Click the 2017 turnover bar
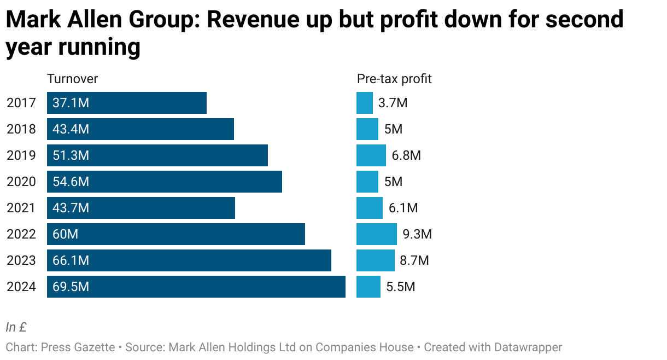click(x=127, y=103)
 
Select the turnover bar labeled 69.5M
click(x=196, y=287)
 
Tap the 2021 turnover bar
click(x=141, y=208)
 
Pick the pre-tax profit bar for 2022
click(x=377, y=234)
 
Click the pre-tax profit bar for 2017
click(x=365, y=103)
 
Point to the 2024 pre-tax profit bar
click(x=368, y=287)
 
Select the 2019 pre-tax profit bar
click(x=371, y=155)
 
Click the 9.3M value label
click(x=417, y=234)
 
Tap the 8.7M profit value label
click(x=414, y=260)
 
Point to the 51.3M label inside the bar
click(x=71, y=155)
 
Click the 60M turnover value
click(x=66, y=234)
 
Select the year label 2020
click(x=21, y=182)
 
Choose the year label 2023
click(x=21, y=260)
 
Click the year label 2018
click(x=21, y=129)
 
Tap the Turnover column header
click(x=73, y=79)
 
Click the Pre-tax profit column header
click(x=394, y=79)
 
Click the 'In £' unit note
click(x=16, y=327)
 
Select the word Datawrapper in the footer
click(x=528, y=347)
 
